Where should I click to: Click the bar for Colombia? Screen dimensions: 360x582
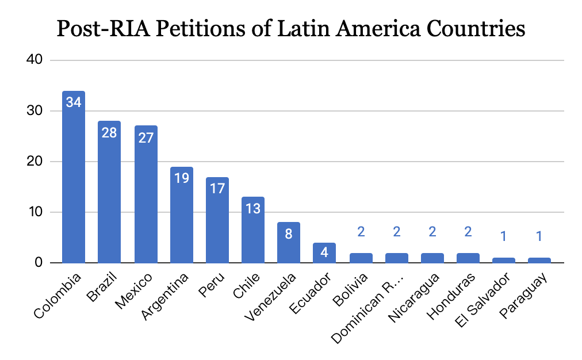(x=74, y=184)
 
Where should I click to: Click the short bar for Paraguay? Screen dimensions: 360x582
(x=539, y=261)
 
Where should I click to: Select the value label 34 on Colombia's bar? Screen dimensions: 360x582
(x=74, y=103)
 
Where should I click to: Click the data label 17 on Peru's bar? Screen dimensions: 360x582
(x=217, y=189)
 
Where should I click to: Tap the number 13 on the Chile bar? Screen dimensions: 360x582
(x=252, y=208)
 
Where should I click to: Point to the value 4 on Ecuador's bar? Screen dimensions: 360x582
(x=324, y=253)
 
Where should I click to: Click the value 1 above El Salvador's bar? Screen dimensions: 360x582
(x=504, y=236)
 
